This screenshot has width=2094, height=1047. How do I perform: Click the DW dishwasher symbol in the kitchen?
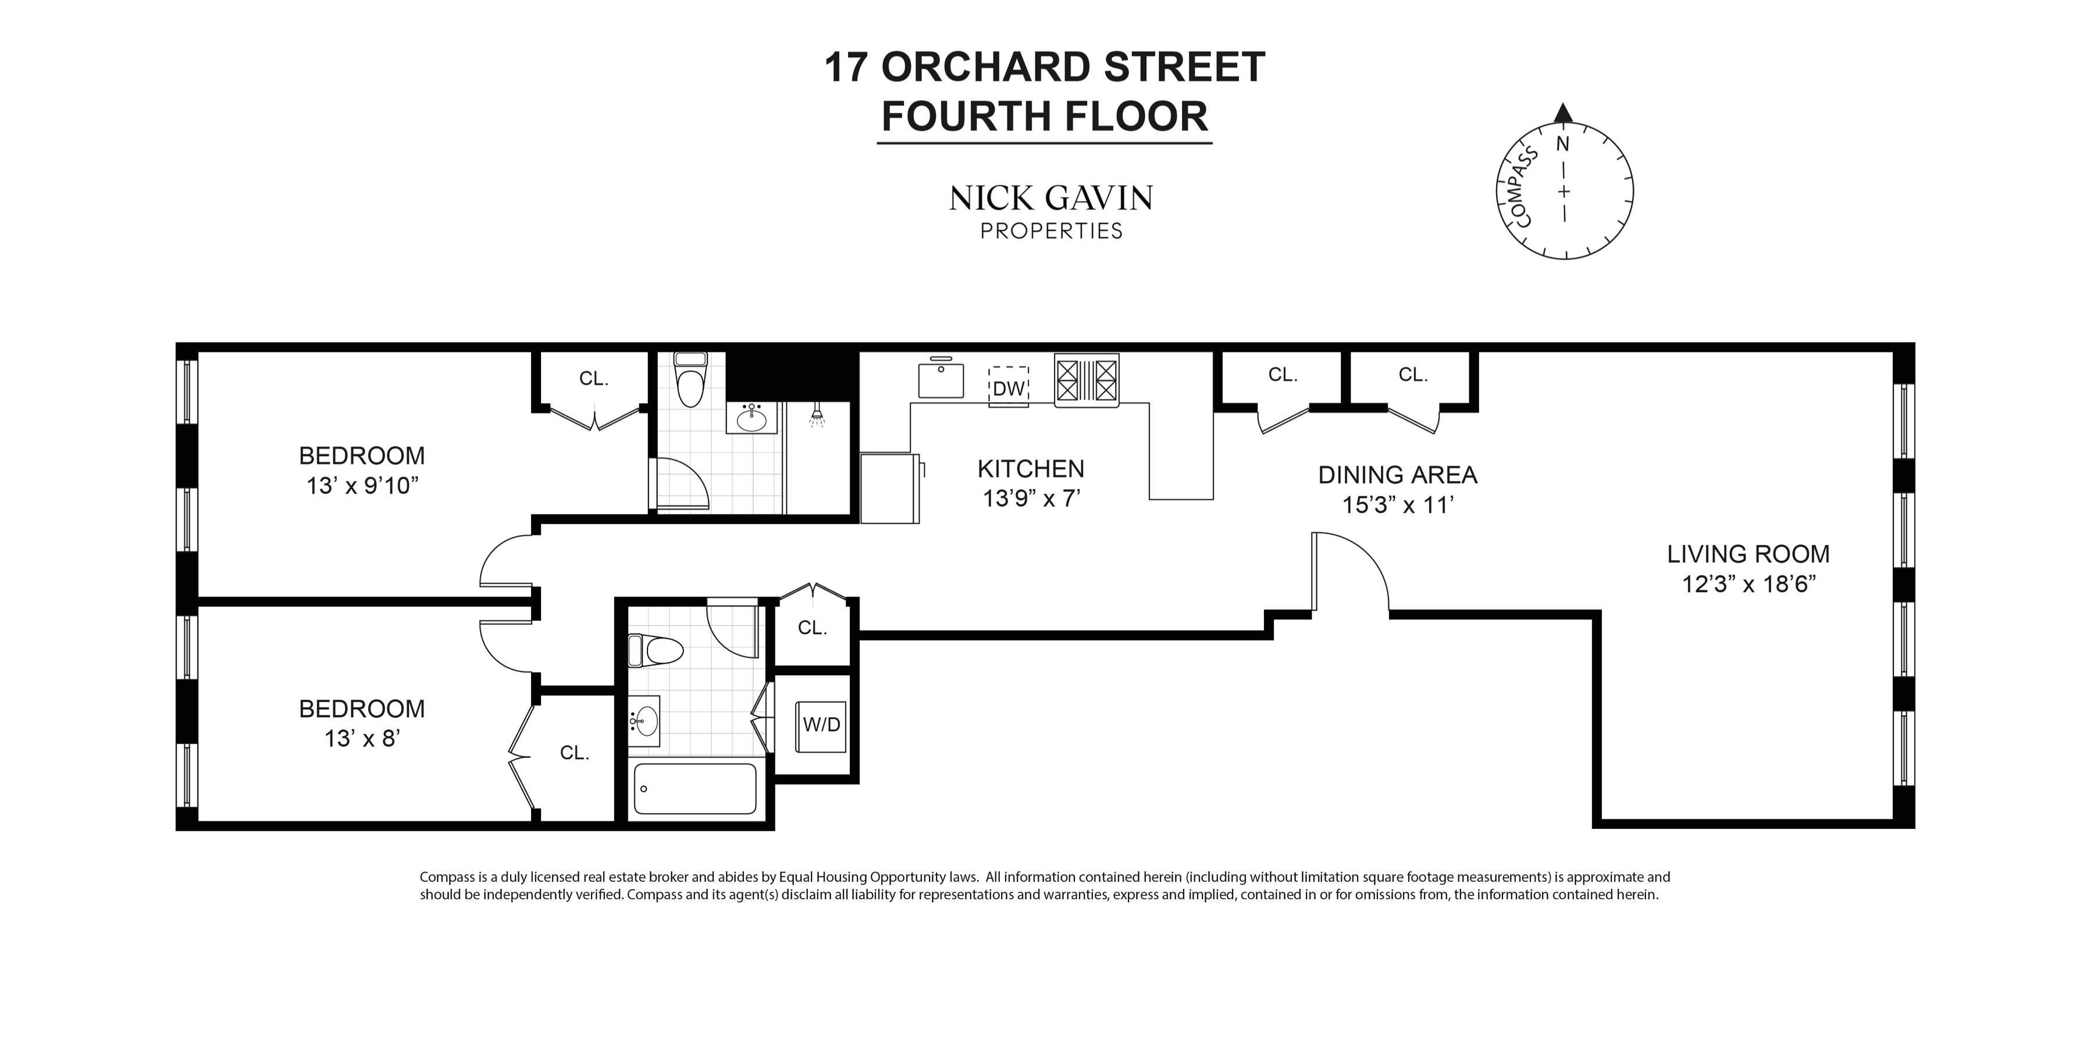[1009, 388]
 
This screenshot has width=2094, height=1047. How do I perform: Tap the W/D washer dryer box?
[821, 724]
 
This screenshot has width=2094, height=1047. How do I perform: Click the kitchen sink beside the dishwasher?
[941, 380]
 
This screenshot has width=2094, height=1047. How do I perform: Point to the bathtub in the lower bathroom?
[695, 789]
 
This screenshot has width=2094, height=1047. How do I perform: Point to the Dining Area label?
[1397, 475]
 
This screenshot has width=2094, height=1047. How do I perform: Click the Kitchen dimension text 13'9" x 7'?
[1031, 498]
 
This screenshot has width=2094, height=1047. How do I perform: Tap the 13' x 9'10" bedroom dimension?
[362, 486]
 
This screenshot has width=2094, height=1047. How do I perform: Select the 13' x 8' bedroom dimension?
[362, 739]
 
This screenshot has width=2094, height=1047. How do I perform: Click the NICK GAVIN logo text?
[1050, 198]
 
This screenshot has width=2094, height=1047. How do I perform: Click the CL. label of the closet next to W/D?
[812, 628]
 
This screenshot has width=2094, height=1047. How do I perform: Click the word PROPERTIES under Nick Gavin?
[1050, 232]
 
